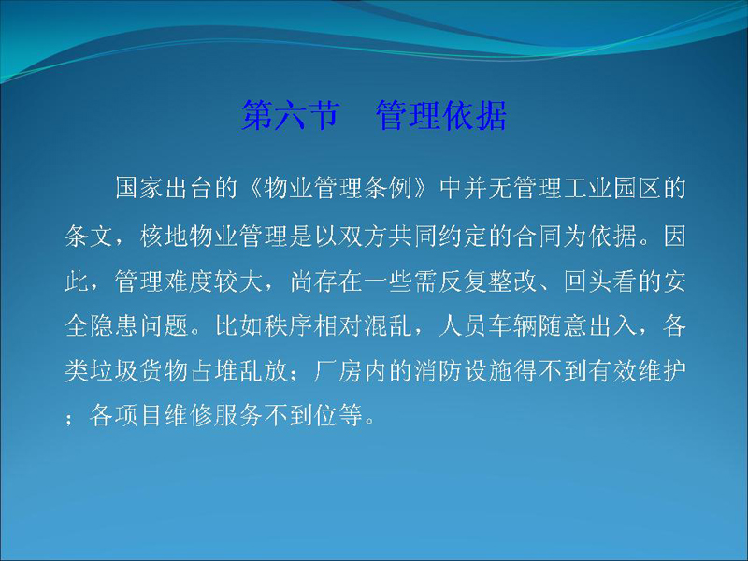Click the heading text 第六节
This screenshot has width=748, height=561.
coord(291,115)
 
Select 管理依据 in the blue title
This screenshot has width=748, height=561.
coord(441,115)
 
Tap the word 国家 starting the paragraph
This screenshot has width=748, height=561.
coord(138,188)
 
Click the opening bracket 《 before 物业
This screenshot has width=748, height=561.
coord(251,188)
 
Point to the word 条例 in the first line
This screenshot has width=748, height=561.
coord(387,188)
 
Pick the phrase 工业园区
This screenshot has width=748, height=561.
coord(611,188)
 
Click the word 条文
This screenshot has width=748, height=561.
coord(89,236)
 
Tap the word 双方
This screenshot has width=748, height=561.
coord(362,236)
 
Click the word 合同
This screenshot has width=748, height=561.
coord(537,236)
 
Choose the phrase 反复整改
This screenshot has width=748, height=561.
coord(487,281)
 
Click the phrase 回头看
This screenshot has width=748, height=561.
coord(599,281)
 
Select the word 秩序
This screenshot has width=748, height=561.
coord(288,325)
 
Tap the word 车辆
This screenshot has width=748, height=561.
coord(511,325)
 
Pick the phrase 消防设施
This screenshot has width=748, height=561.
coord(462,370)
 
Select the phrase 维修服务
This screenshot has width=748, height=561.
coord(213,415)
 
